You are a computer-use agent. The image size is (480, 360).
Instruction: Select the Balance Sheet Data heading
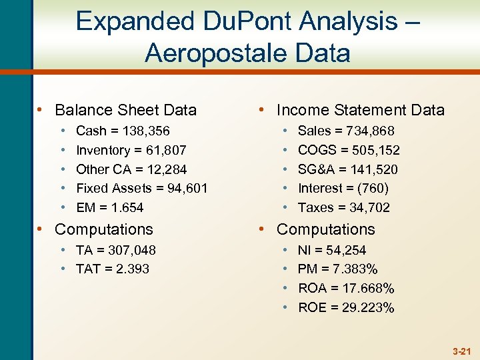[x=125, y=110]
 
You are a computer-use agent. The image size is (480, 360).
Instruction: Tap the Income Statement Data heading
[x=360, y=110]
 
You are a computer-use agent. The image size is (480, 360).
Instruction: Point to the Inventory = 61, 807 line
[x=131, y=151]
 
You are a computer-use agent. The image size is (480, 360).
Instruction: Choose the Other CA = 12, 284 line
[x=131, y=169]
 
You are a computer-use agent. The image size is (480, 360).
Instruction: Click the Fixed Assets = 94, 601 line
[x=141, y=189]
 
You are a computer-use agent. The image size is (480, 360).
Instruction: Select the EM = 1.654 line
[x=109, y=207]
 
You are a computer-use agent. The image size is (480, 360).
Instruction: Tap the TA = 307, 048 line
[x=115, y=250]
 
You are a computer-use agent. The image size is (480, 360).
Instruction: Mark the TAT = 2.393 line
[x=112, y=269]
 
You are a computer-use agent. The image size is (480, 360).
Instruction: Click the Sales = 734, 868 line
[x=345, y=131]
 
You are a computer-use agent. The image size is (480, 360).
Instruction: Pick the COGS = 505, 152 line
[x=348, y=151]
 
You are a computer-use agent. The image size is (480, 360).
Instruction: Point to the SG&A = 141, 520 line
[x=347, y=169]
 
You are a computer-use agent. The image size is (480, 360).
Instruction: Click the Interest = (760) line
[x=343, y=189]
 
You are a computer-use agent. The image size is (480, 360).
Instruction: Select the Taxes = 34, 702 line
[x=343, y=207]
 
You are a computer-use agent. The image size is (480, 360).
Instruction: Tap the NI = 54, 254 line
[x=331, y=250]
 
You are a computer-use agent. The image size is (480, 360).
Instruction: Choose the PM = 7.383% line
[x=337, y=269]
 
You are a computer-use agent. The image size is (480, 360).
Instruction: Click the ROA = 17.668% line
[x=345, y=289]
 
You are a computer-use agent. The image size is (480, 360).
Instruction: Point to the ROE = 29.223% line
[x=345, y=307]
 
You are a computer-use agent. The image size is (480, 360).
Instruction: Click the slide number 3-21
[x=461, y=350]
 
